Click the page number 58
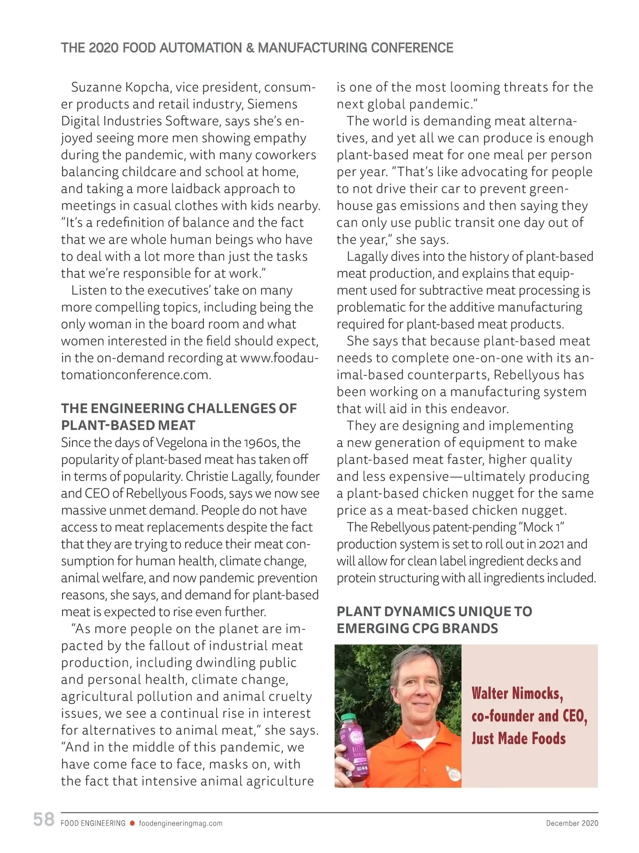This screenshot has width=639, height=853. click(x=44, y=819)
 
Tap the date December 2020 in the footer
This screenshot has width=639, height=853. click(x=572, y=823)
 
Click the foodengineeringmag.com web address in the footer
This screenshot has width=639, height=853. click(x=181, y=823)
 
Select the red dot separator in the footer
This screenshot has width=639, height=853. click(x=132, y=823)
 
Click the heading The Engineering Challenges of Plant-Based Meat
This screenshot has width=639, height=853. click(x=178, y=417)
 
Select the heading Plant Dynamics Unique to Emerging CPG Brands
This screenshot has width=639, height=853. click(x=434, y=620)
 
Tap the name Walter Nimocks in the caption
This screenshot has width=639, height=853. click(x=517, y=693)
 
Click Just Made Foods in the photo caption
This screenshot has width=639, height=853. click(x=518, y=739)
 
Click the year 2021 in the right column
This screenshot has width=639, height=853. click(x=551, y=544)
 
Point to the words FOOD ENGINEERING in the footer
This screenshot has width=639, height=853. click(x=93, y=823)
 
